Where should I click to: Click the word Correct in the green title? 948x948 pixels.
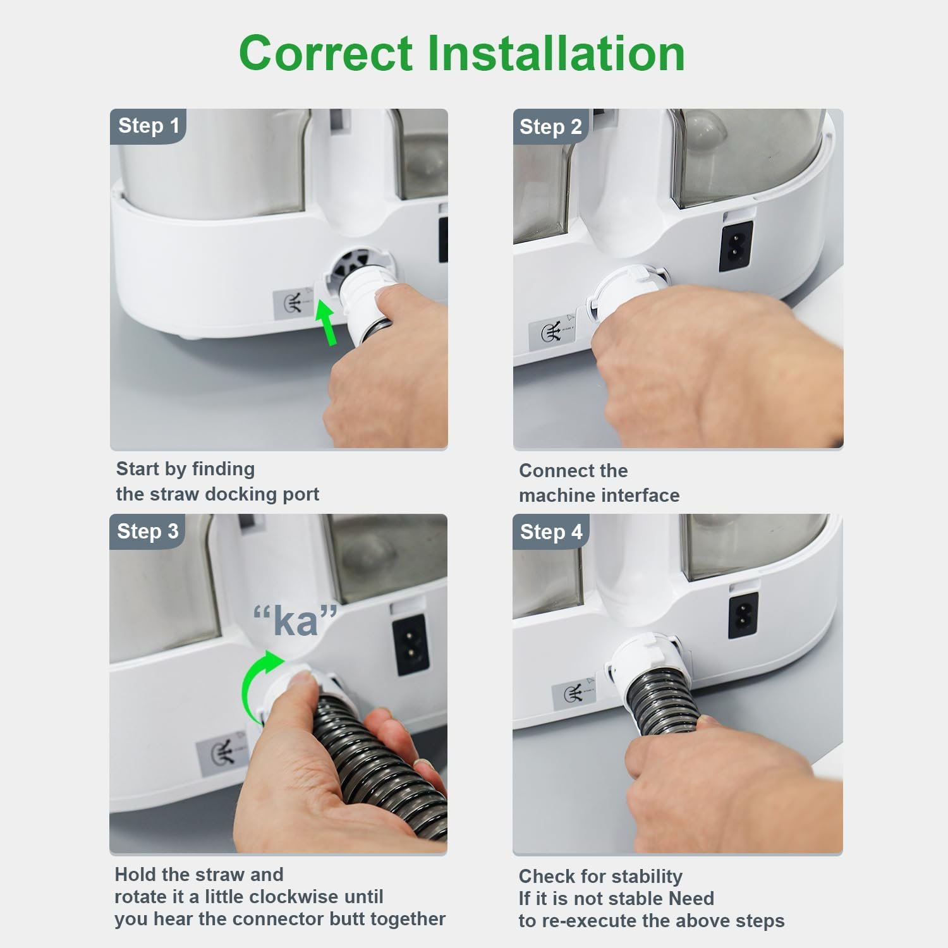tap(326, 53)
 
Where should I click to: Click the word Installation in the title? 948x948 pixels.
tap(556, 53)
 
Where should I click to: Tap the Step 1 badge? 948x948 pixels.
tap(149, 126)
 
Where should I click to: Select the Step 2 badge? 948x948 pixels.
tap(550, 127)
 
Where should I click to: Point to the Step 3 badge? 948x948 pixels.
tap(148, 532)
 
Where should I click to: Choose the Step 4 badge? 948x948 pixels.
tap(551, 532)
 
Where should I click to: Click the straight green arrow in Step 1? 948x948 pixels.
tap(326, 322)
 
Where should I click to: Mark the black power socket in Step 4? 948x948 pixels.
tap(744, 617)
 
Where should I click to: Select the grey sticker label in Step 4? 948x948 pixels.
tap(573, 693)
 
